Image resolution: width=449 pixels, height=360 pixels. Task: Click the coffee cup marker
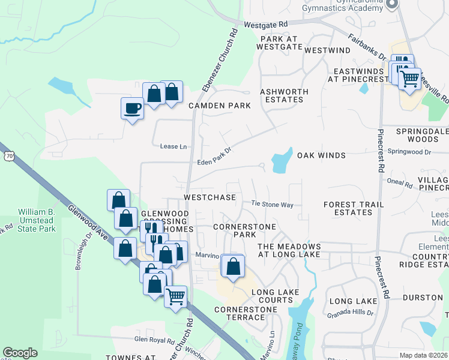click(x=132, y=109)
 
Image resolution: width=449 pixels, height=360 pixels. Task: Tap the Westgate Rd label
click(x=267, y=25)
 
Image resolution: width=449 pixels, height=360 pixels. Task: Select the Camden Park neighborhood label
click(x=219, y=106)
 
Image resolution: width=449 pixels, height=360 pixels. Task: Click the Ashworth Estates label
click(x=284, y=95)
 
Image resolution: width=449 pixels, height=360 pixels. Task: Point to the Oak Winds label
click(x=321, y=155)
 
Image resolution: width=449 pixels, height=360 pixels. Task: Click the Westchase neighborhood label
click(x=209, y=197)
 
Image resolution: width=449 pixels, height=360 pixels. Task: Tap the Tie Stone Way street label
click(x=272, y=205)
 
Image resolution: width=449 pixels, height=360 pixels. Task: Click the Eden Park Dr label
click(x=214, y=161)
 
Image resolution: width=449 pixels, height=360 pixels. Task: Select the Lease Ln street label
click(x=173, y=146)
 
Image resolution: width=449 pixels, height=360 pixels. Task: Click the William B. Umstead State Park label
click(x=37, y=220)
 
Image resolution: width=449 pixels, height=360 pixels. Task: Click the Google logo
click(x=20, y=353)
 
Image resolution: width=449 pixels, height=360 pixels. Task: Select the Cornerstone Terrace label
click(x=246, y=314)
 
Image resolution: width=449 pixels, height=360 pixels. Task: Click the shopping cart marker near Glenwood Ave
click(x=175, y=295)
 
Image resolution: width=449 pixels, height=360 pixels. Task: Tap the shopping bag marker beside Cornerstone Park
click(x=234, y=265)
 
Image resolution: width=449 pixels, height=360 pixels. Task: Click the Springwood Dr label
click(x=409, y=152)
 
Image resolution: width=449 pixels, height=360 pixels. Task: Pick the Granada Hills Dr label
click(x=350, y=313)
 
